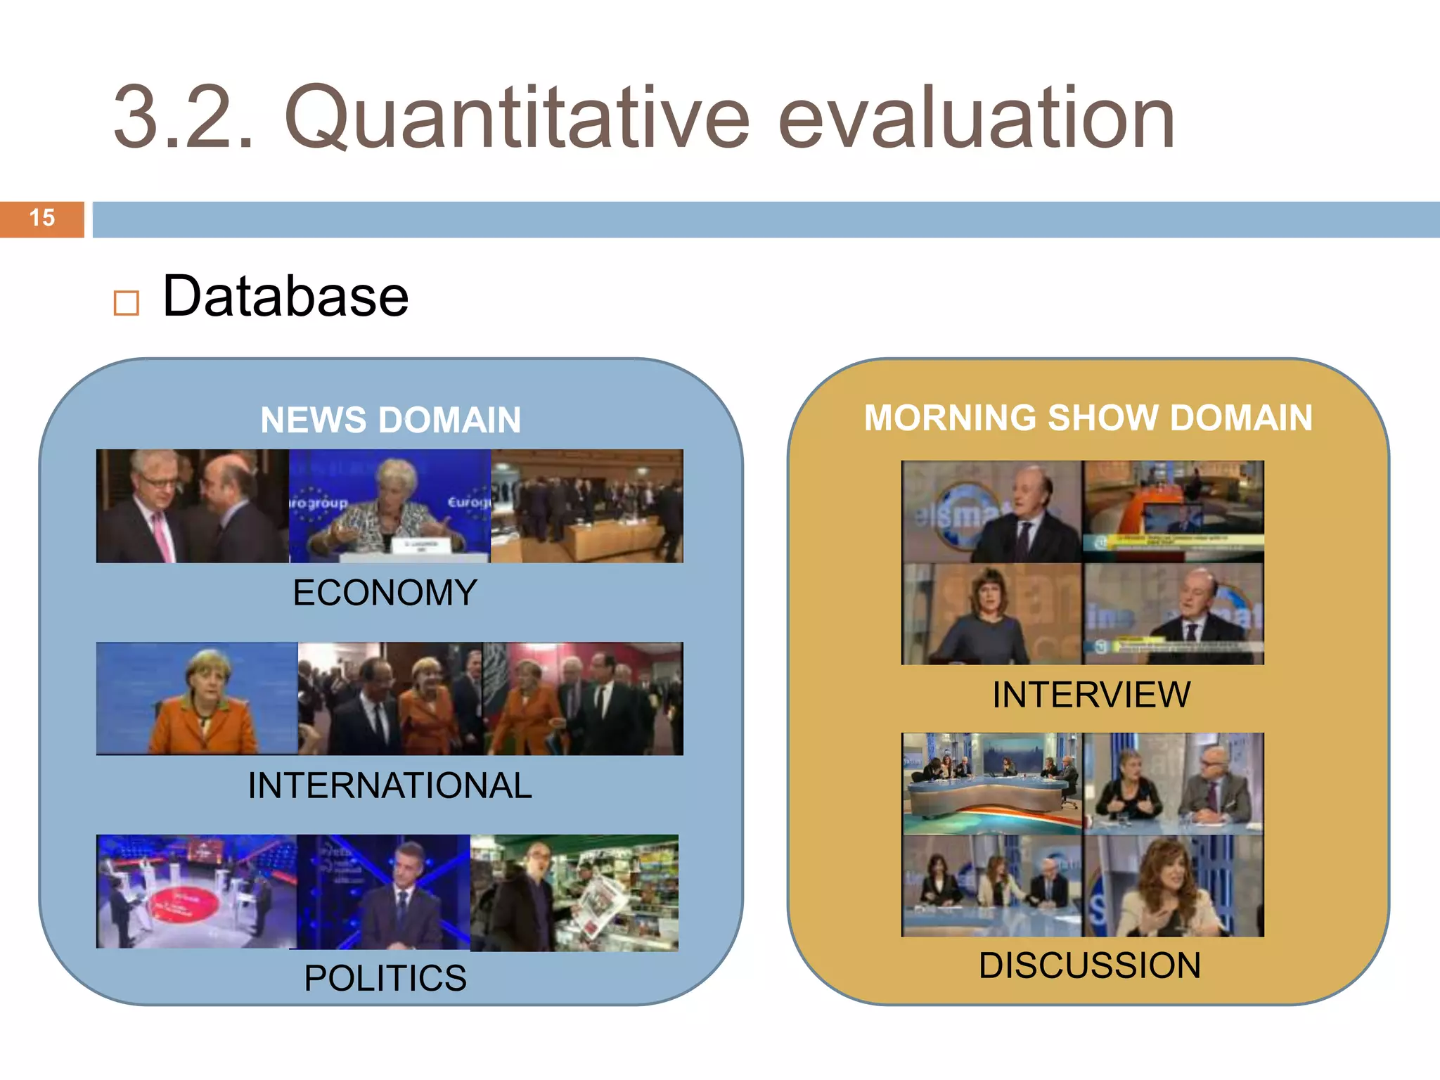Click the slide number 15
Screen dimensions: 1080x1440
42,218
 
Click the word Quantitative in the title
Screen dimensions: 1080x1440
517,118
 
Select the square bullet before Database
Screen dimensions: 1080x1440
127,303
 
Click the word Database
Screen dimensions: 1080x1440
285,297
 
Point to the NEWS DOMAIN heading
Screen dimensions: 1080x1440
390,420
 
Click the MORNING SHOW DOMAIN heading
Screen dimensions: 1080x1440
1088,418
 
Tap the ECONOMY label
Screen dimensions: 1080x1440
385,593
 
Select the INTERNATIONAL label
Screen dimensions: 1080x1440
390,785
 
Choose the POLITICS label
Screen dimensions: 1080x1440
385,978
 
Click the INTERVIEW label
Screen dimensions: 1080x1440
1091,695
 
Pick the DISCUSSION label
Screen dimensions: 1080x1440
1090,965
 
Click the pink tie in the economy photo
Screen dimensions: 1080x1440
162,535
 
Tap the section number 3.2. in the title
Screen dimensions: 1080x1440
183,118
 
